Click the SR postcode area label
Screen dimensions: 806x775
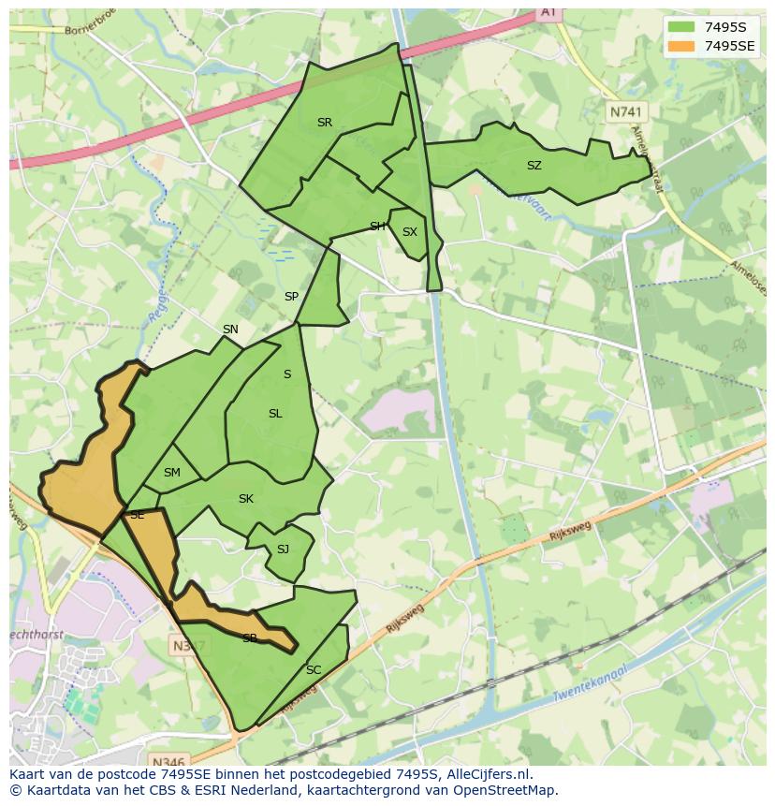coord(324,123)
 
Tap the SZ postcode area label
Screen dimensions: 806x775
coord(534,166)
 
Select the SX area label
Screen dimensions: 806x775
coord(409,232)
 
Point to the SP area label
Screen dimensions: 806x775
coord(291,297)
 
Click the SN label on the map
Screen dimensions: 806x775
coord(230,330)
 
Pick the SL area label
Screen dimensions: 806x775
coord(275,414)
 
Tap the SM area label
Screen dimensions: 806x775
coord(171,473)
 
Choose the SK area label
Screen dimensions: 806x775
coord(246,499)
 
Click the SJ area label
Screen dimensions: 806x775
coord(283,550)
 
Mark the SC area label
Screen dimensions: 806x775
coord(314,670)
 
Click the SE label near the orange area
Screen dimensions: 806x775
coord(137,515)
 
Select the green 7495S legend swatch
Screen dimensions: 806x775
coord(681,26)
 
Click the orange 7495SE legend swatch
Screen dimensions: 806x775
coord(681,45)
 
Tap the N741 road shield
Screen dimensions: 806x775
coord(626,111)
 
